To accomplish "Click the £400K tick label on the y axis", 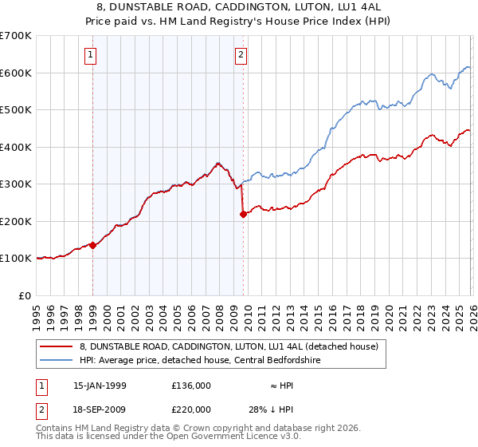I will pos(16,147).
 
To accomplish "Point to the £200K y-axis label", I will pos(16,221).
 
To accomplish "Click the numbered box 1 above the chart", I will pos(92,55).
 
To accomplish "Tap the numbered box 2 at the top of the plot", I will pos(241,55).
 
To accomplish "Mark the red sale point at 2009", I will pos(243,213).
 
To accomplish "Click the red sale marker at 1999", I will pos(93,245).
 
